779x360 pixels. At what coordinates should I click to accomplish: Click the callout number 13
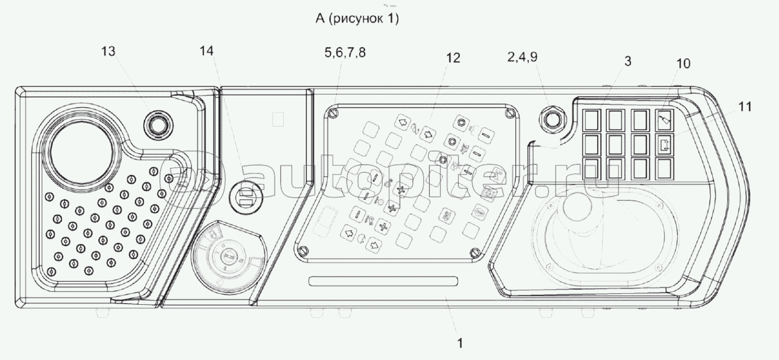(x=108, y=51)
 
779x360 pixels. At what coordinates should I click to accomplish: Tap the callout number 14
(x=206, y=51)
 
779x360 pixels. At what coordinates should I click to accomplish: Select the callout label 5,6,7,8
(x=345, y=52)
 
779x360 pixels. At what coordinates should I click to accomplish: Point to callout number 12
(x=453, y=58)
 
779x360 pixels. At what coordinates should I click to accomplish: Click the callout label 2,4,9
(x=522, y=56)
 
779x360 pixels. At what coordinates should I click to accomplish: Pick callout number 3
(x=628, y=61)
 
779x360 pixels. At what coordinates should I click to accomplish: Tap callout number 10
(x=683, y=63)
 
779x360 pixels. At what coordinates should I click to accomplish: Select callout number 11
(x=745, y=107)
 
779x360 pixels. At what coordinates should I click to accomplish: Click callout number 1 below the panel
(x=460, y=343)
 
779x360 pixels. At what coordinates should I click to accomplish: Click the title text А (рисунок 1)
(x=357, y=18)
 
